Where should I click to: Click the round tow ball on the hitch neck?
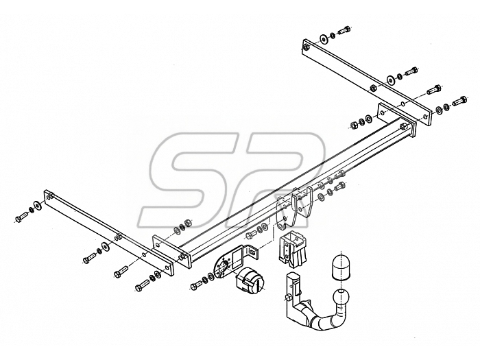tap(341, 297)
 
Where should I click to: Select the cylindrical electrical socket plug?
tap(248, 282)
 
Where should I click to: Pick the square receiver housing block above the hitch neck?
tap(293, 248)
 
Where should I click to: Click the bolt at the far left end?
tap(21, 216)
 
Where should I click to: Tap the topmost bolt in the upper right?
tap(344, 31)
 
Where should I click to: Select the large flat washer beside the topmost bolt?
tap(323, 38)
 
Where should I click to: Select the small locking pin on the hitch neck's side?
tap(289, 298)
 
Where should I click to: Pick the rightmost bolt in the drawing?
tap(459, 100)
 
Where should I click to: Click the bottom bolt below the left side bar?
tap(143, 285)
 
